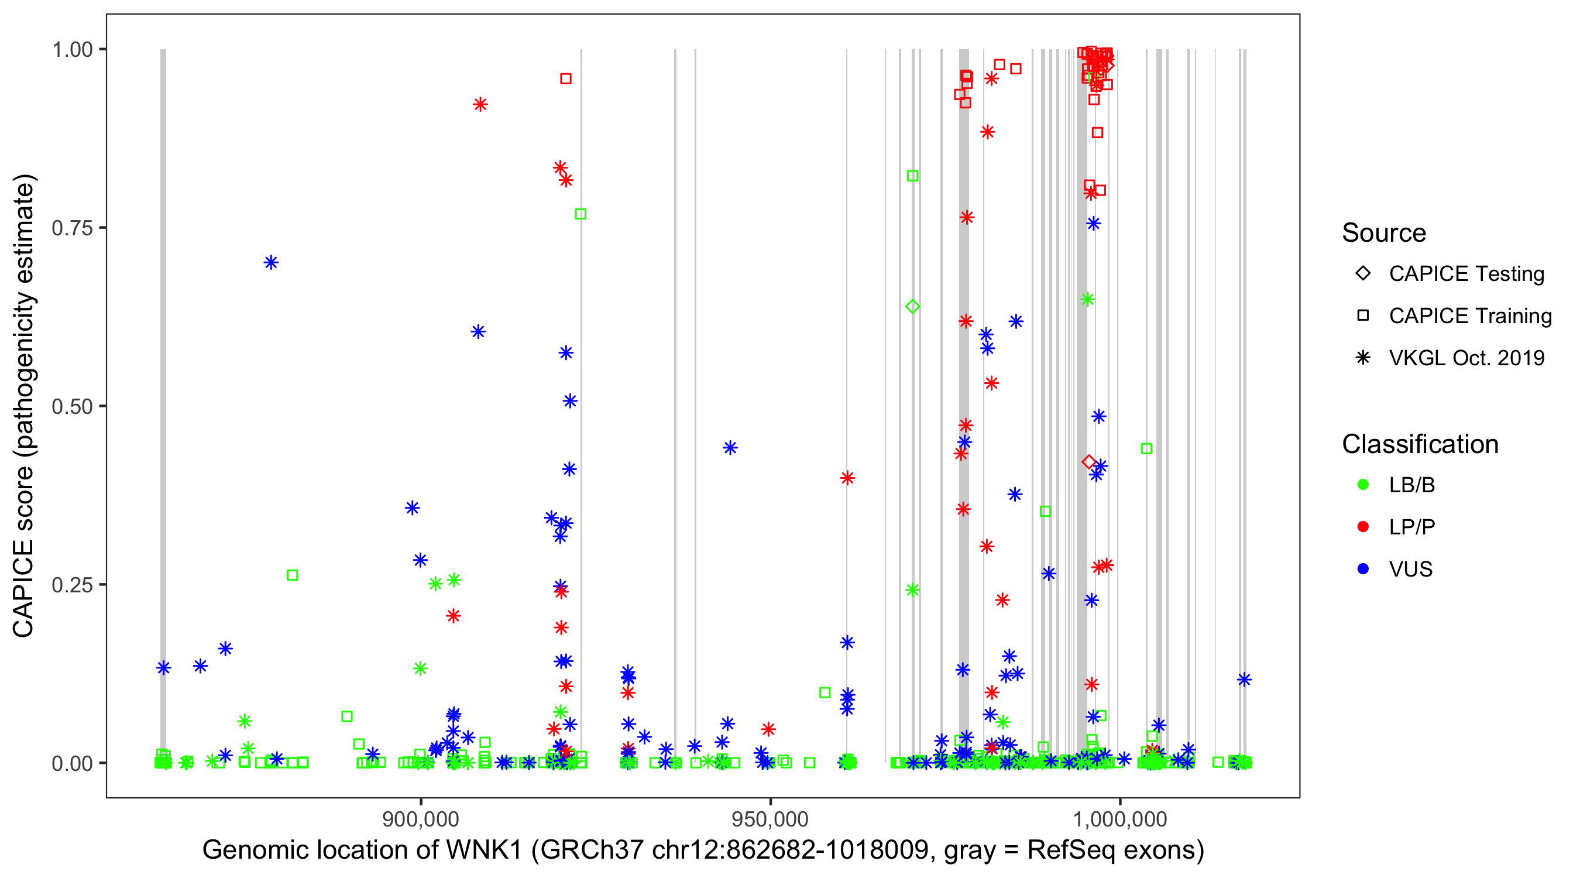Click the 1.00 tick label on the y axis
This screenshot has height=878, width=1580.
pos(71,50)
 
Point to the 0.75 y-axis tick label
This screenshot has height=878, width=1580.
pos(71,228)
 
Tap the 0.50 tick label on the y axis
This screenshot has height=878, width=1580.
pos(71,407)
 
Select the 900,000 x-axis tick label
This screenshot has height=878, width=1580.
pos(420,819)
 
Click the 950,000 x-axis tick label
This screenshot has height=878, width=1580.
pos(770,819)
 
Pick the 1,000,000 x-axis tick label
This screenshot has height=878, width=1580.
pos(1120,819)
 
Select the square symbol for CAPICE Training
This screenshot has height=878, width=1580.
pos(1363,315)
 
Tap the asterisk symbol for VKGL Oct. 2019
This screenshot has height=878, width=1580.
pos(1363,358)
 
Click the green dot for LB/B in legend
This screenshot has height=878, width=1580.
pos(1363,485)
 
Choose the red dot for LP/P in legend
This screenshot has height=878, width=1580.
pos(1363,527)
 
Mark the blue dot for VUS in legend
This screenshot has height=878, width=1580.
pos(1363,569)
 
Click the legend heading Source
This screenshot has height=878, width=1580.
pos(1384,233)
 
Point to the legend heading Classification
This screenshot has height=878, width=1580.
pos(1420,444)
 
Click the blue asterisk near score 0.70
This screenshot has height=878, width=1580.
pos(271,263)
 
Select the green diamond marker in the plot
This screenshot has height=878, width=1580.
pos(912,306)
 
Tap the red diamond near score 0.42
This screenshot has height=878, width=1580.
pos(1088,462)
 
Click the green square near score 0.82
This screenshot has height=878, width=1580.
pos(912,176)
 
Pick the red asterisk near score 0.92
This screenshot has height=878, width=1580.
pos(480,104)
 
